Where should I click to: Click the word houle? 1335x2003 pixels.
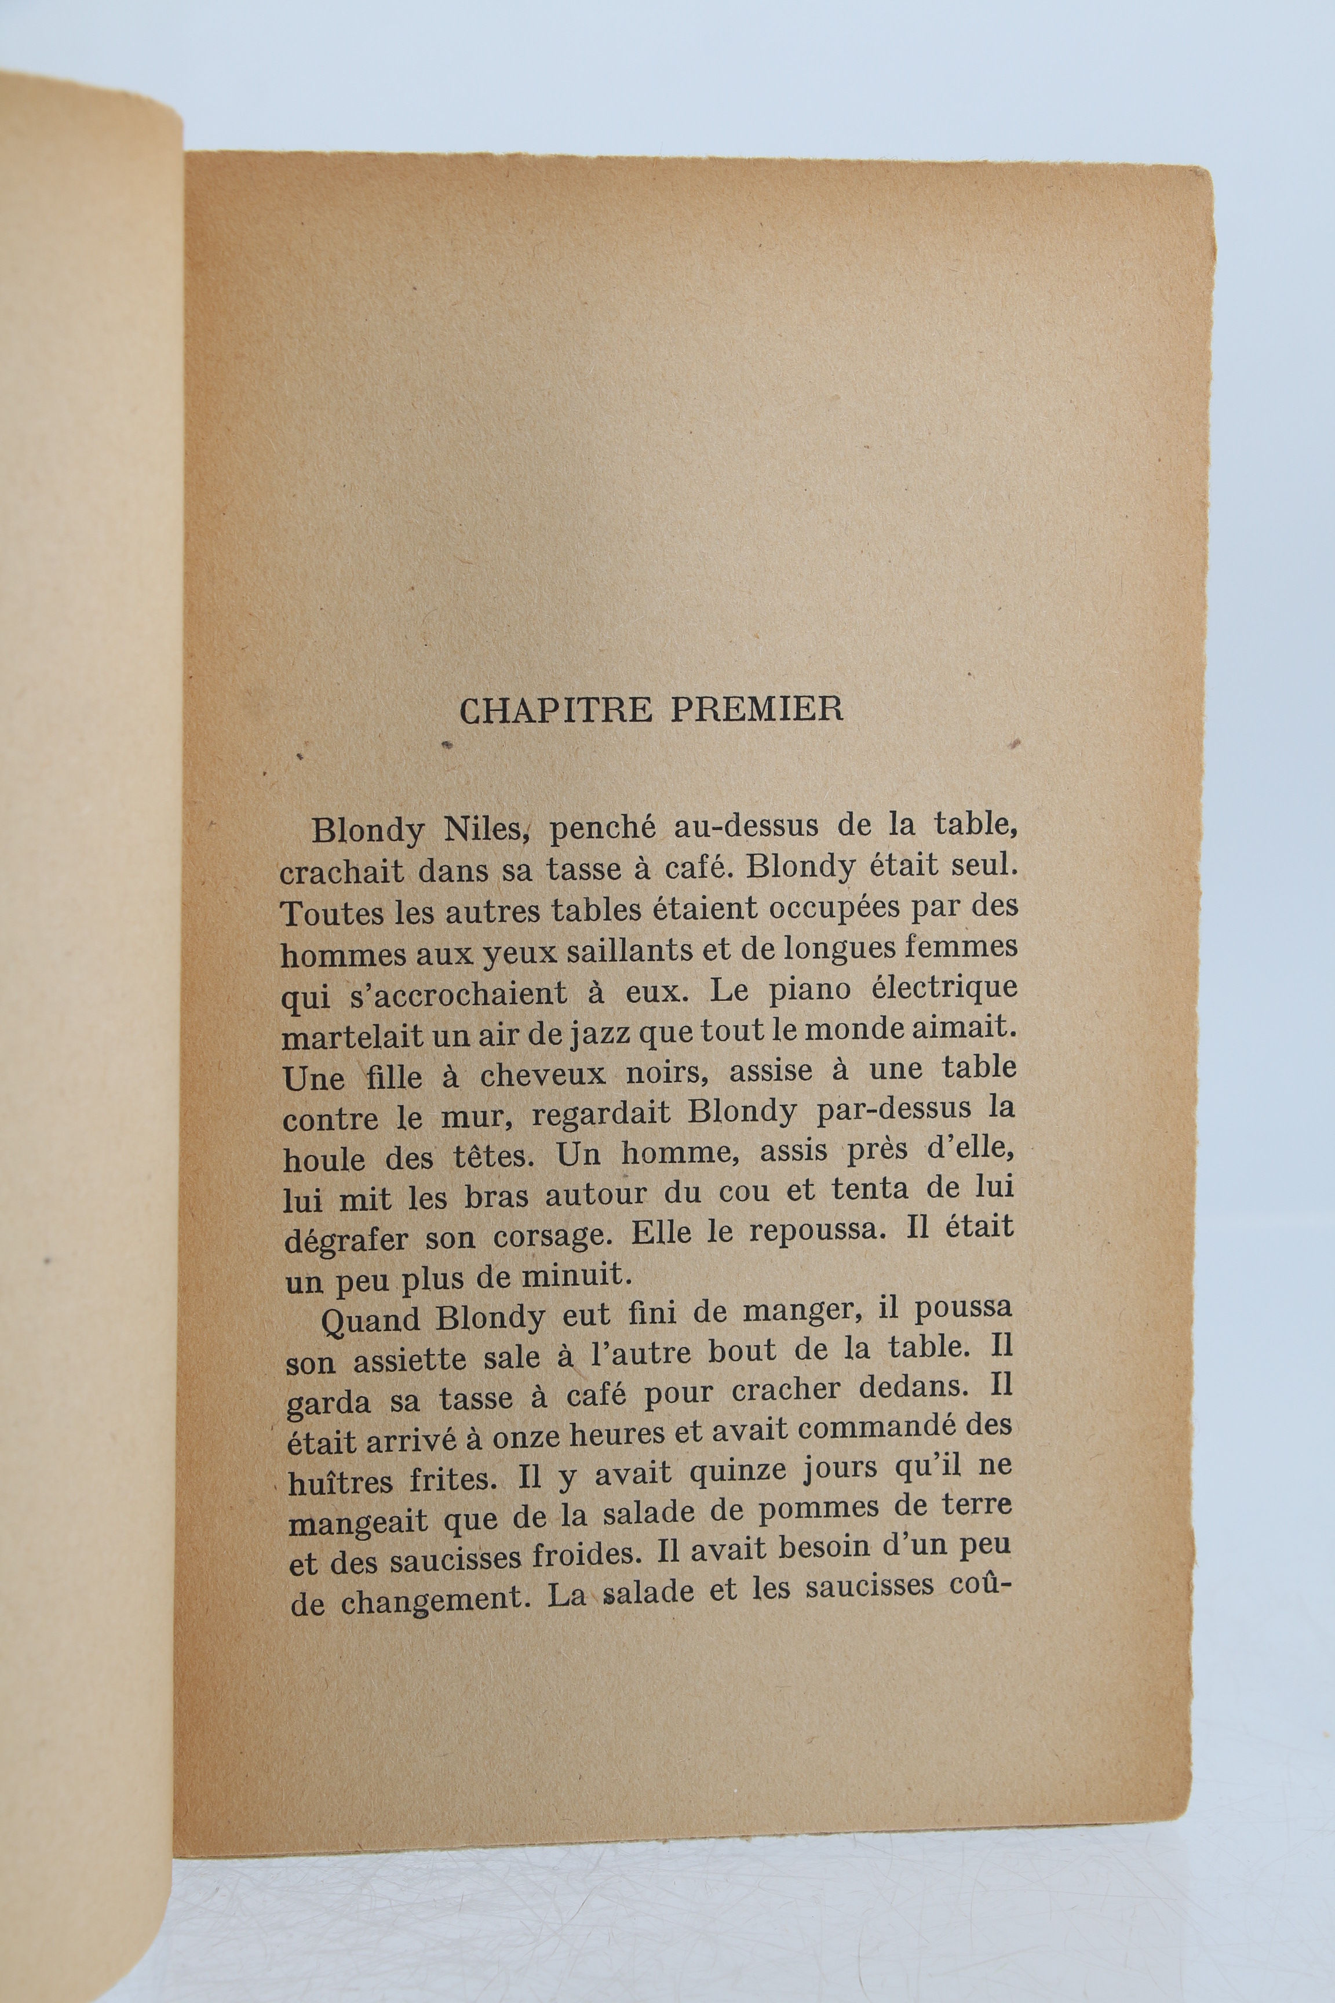click(x=323, y=1157)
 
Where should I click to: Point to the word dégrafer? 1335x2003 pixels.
click(x=346, y=1240)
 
